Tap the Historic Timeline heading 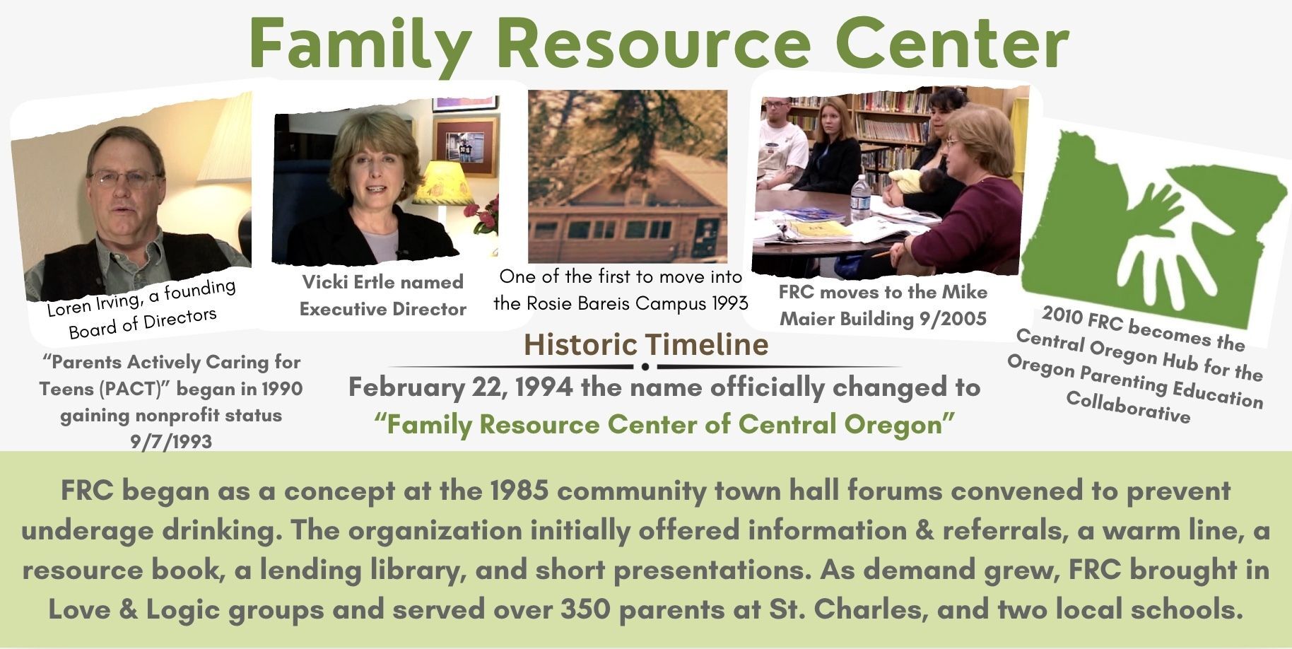click(646, 344)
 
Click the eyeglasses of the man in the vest click(124, 178)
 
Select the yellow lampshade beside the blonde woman click(443, 183)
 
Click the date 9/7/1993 click(171, 442)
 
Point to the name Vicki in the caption click(324, 282)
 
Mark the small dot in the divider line click(645, 366)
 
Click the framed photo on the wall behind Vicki click(465, 146)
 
